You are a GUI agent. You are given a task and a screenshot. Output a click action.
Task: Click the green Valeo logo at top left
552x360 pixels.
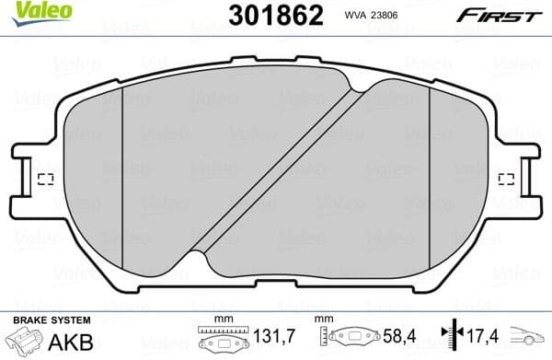[28, 10]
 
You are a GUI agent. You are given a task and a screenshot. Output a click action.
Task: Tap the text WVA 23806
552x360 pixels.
[352, 15]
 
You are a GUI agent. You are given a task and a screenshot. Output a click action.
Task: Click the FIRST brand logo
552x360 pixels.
[502, 14]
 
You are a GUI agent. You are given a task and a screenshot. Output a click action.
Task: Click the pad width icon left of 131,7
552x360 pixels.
[223, 339]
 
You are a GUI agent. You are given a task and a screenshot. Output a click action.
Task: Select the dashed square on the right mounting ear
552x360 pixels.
[505, 179]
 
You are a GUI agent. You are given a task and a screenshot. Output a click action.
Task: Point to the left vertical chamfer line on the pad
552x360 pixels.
[122, 175]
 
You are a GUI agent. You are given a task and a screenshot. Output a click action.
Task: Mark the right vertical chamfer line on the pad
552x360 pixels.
[431, 175]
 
